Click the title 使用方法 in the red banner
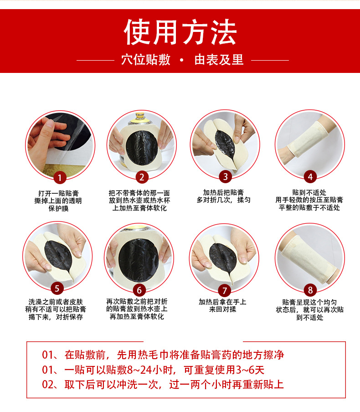coord(180,32)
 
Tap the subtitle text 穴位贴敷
coord(146,60)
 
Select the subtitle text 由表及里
coord(219,60)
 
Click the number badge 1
coord(60,178)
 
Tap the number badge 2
coord(142,177)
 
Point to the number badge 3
coord(225,176)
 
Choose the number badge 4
coord(310,176)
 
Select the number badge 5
coord(57,288)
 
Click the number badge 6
coord(139,290)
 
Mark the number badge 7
coord(225,290)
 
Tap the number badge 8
coord(310,290)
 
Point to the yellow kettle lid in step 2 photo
coord(142,118)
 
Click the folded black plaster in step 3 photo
coord(225,144)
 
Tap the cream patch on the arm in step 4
coord(308,139)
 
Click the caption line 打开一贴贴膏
coord(58,193)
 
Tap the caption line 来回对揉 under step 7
coord(222,309)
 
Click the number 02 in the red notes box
coord(47,385)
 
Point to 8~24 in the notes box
coord(139,370)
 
